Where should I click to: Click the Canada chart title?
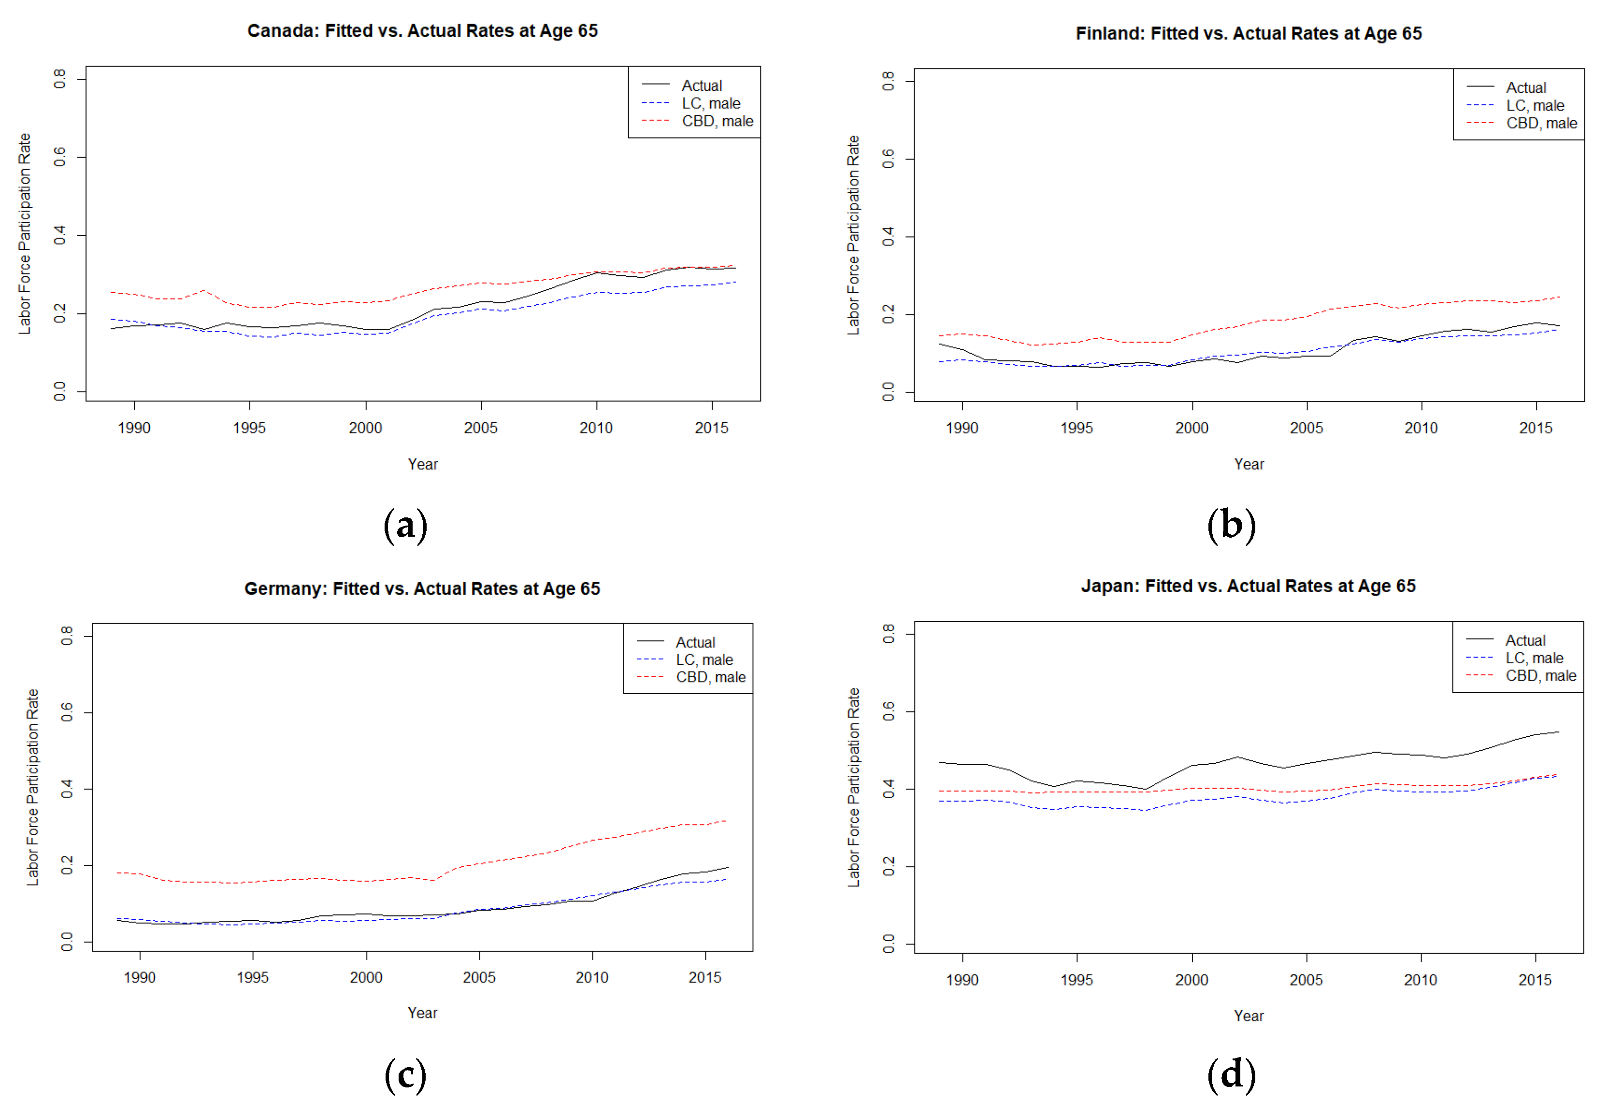[422, 31]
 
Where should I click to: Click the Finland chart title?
[1248, 33]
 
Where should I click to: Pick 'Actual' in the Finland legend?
[1526, 88]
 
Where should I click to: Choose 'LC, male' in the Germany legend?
[703, 659]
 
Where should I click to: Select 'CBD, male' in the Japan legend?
[1540, 676]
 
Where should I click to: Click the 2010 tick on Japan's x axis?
[1420, 979]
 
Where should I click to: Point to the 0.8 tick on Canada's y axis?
[60, 79]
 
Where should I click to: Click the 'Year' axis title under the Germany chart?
[422, 1013]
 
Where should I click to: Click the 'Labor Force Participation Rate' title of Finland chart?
[853, 235]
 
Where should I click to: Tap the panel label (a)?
[405, 525]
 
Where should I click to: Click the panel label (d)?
[1231, 1074]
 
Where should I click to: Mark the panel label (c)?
[405, 1075]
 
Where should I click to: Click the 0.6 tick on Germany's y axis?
[67, 712]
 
